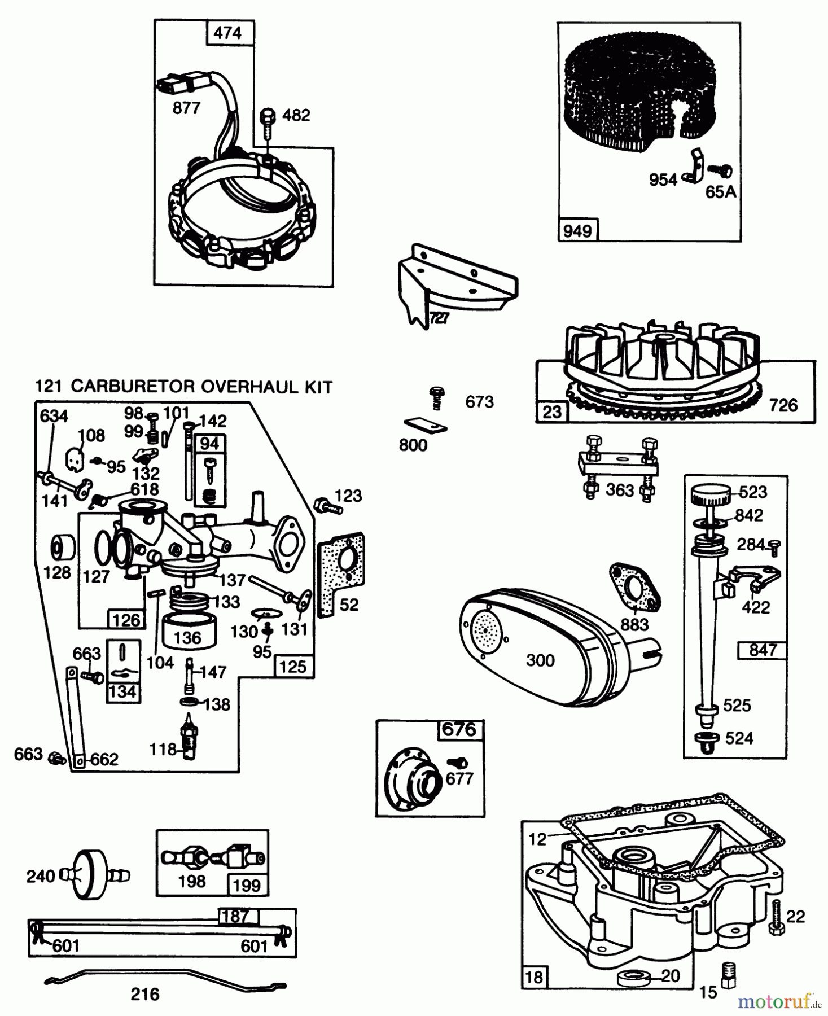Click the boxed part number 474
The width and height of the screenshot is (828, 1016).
(227, 33)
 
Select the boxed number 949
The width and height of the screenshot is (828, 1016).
(577, 231)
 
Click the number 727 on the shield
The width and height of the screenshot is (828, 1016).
(439, 318)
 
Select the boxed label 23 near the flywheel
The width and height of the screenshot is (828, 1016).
(551, 411)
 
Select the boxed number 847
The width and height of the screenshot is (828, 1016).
(762, 650)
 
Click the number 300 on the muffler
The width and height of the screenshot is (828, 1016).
(540, 660)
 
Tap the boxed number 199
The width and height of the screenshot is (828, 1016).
(246, 885)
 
